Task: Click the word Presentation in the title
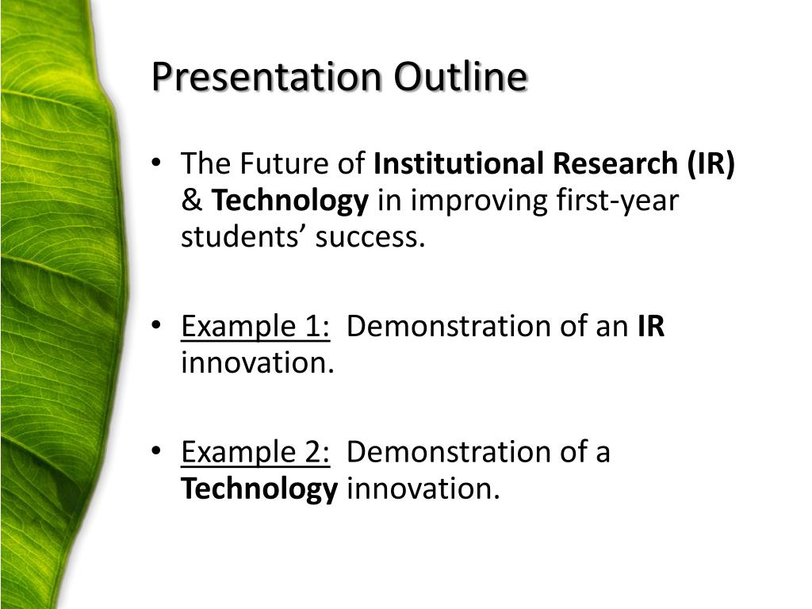coord(266,77)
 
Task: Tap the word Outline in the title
coord(461,76)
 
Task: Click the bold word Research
coord(615,163)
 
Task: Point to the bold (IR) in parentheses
coord(711,164)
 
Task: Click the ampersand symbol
coord(192,201)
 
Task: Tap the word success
coord(370,238)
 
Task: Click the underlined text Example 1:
coord(255,327)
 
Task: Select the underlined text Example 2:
coord(255,452)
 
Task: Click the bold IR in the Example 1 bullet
coord(651,326)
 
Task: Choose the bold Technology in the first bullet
coord(290,201)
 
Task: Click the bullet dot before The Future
coord(156,163)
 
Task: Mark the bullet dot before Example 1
coord(156,325)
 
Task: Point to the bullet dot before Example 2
coord(156,450)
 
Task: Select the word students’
coord(243,238)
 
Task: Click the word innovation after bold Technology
coord(423,488)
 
